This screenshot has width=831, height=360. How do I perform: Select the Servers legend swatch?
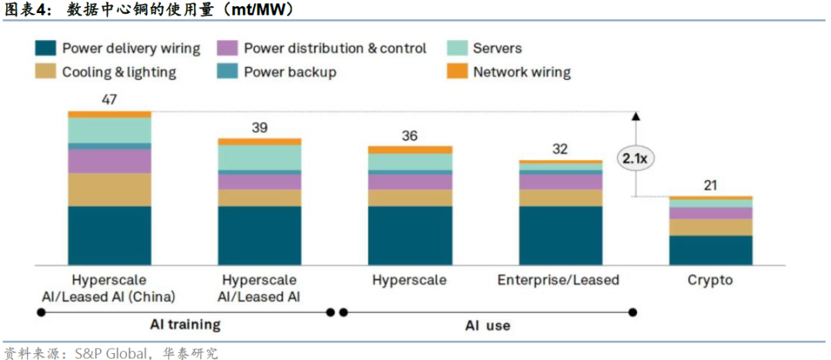[458, 48]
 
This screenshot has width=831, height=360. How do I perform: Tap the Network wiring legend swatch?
[458, 72]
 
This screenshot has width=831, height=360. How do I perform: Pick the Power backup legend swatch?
[228, 72]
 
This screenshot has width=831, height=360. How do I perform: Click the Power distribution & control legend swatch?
[228, 48]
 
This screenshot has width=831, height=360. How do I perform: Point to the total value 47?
[108, 100]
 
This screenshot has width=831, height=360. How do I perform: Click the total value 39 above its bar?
[259, 128]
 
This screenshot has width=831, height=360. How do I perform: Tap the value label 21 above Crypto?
[710, 185]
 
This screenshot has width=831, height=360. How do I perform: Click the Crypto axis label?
[710, 280]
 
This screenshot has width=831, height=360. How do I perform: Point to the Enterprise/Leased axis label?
[558, 280]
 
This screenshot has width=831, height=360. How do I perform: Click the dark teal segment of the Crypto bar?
[710, 250]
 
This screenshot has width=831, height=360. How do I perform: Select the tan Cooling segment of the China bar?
[108, 189]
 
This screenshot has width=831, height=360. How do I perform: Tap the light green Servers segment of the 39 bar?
[259, 157]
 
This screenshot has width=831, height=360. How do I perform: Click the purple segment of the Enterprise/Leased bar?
[561, 182]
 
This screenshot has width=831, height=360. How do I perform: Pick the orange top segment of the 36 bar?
[410, 149]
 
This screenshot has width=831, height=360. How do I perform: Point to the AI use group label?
[487, 325]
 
